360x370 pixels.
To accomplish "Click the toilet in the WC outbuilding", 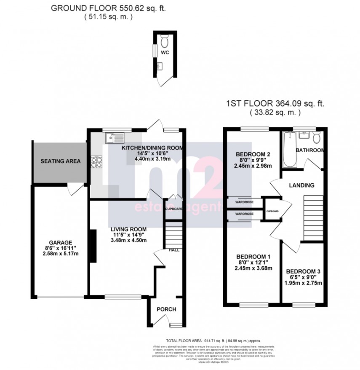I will pos(165,42).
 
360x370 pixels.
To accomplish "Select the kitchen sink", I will pos(114,137).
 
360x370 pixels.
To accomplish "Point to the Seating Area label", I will pos(60,161).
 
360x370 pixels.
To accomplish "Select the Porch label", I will pos(166,309).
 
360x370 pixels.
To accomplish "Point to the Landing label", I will pos(302,185).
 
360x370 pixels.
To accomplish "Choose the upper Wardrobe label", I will pos(245,202).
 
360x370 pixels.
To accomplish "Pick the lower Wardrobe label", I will pos(245,214).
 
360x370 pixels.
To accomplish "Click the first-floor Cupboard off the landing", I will pos(272,208).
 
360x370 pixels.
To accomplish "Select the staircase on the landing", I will pos(312,211).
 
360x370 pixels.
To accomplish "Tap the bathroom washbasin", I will pos(304,136).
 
